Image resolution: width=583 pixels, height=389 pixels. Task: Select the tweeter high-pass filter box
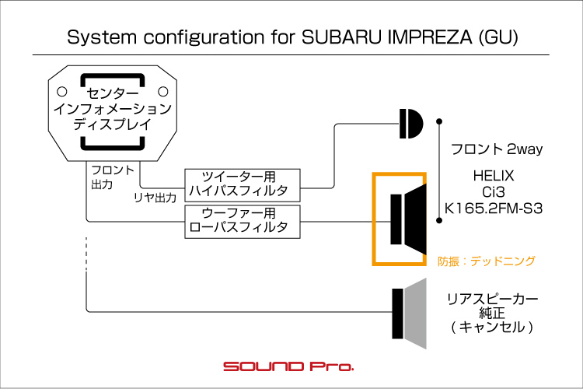(x=241, y=184)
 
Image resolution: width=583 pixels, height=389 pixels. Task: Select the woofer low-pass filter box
(x=241, y=220)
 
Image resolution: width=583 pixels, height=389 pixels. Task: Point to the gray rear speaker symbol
(x=410, y=312)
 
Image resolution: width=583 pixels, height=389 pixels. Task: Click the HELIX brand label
(x=493, y=176)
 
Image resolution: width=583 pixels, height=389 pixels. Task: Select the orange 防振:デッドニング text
(x=487, y=261)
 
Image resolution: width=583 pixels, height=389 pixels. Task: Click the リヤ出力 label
(x=155, y=198)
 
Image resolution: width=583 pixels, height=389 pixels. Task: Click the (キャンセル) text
(x=493, y=328)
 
